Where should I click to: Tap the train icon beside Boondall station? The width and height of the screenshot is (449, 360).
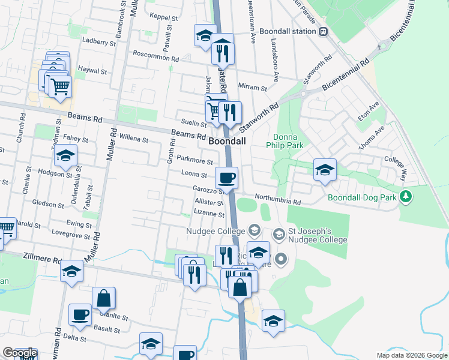324,31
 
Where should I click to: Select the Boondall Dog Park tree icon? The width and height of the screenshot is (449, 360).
406,196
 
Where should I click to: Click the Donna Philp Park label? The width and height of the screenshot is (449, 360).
286,140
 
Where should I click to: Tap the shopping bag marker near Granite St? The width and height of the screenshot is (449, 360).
104,298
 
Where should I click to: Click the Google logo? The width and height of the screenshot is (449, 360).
19,353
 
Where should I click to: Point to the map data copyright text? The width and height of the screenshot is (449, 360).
412,355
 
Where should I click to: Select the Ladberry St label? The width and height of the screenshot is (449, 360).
99,43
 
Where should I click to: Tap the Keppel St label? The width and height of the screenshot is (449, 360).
165,18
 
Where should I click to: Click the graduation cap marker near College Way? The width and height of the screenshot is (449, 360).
325,170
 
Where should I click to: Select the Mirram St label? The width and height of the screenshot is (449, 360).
252,88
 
